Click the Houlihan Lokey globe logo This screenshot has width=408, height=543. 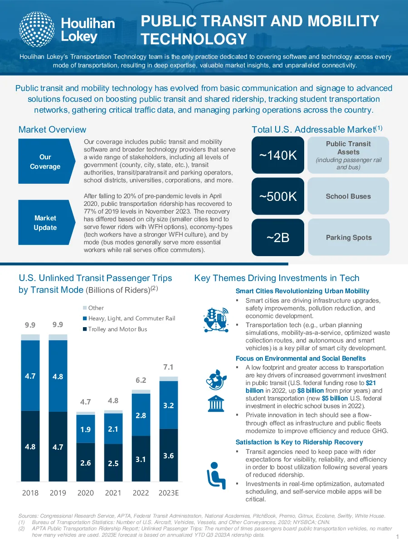[37, 29]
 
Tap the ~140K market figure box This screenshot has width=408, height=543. [278, 155]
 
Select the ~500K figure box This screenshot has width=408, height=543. [278, 196]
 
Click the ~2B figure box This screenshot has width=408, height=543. [278, 237]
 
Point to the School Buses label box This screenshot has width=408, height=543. [348, 196]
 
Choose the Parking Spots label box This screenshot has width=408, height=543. [349, 237]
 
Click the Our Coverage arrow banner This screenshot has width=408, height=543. [47, 161]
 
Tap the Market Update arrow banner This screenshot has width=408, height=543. [47, 222]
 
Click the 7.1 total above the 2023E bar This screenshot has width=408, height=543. [168, 367]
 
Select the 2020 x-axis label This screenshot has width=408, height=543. [86, 493]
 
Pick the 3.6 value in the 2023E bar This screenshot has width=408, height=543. [169, 456]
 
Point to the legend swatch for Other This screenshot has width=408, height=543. [85, 308]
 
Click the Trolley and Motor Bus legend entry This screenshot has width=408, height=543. [115, 329]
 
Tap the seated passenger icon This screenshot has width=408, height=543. [216, 476]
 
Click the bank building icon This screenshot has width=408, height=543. [216, 403]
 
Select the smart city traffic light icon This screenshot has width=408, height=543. [216, 320]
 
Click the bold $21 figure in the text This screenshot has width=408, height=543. [371, 383]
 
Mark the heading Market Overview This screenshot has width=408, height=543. [52, 129]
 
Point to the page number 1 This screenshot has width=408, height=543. [398, 537]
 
